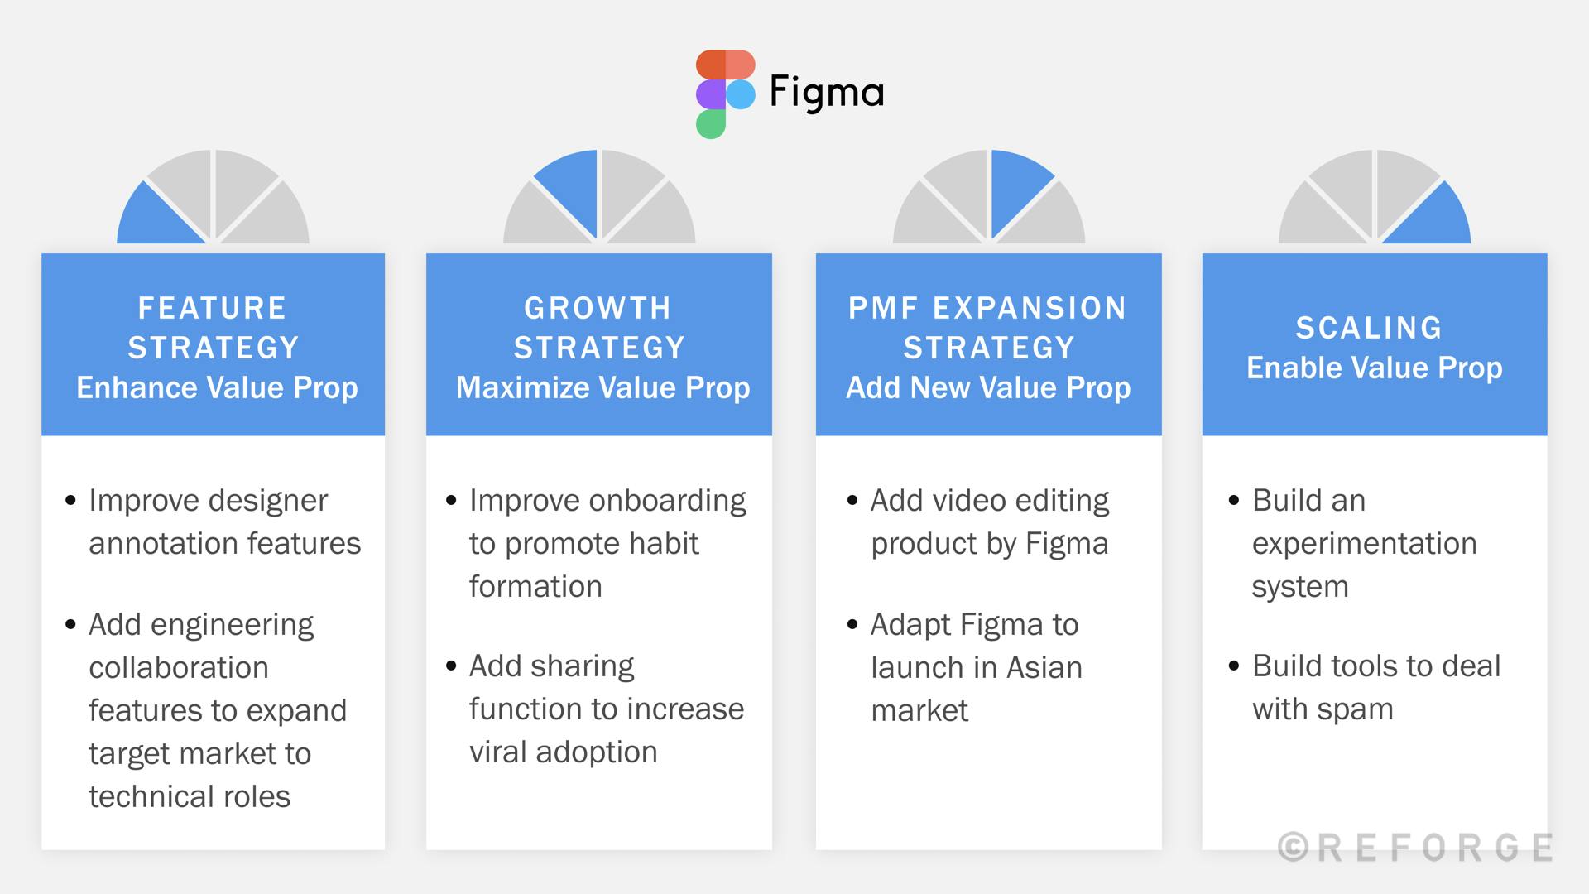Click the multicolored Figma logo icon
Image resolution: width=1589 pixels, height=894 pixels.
[726, 94]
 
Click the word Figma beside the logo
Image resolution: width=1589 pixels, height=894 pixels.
[826, 93]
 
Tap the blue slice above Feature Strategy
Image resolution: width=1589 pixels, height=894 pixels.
[160, 214]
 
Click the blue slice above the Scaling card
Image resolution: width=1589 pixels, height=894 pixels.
[1428, 214]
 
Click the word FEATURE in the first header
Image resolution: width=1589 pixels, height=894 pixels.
[212, 309]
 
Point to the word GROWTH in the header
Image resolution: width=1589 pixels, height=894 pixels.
[598, 309]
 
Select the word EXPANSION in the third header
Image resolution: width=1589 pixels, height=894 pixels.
[1030, 309]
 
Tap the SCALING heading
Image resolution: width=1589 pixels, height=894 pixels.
[1369, 329]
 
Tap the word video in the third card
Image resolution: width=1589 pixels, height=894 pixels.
[969, 501]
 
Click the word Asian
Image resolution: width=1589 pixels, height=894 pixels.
[1044, 668]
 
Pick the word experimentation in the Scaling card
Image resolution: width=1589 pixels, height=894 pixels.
[1364, 545]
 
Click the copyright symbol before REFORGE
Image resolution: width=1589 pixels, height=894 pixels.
[1293, 847]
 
